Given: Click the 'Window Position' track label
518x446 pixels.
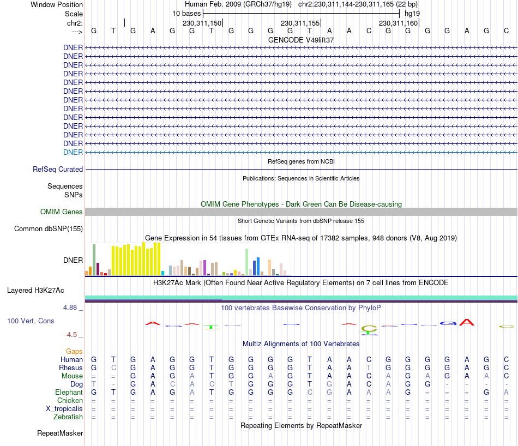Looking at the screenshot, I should click(x=57, y=4).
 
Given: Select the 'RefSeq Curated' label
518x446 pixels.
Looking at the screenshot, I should click(x=58, y=170).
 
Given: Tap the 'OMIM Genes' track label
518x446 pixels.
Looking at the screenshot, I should click(x=62, y=212).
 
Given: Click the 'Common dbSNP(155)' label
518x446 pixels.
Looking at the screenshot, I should click(x=49, y=228).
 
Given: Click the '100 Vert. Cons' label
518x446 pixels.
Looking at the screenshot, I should click(x=31, y=321).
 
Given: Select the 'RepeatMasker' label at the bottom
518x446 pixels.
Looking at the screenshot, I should click(x=60, y=433).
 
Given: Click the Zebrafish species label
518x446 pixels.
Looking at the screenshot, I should click(x=68, y=417).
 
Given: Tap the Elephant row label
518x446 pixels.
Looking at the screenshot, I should click(x=69, y=393).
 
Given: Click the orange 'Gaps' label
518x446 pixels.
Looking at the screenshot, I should click(x=74, y=352).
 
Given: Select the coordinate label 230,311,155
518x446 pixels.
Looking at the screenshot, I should click(x=300, y=23).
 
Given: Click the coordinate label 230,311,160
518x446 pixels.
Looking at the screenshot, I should click(x=398, y=23).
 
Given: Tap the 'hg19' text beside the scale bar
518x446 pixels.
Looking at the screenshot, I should click(x=412, y=13).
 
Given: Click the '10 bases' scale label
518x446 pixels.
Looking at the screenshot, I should click(x=186, y=13).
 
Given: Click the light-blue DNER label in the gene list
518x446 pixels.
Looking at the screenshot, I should click(x=73, y=152).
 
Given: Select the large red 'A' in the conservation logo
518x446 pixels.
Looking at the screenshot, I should click(x=466, y=322).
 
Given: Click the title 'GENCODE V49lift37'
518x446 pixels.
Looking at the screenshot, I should click(x=301, y=40).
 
